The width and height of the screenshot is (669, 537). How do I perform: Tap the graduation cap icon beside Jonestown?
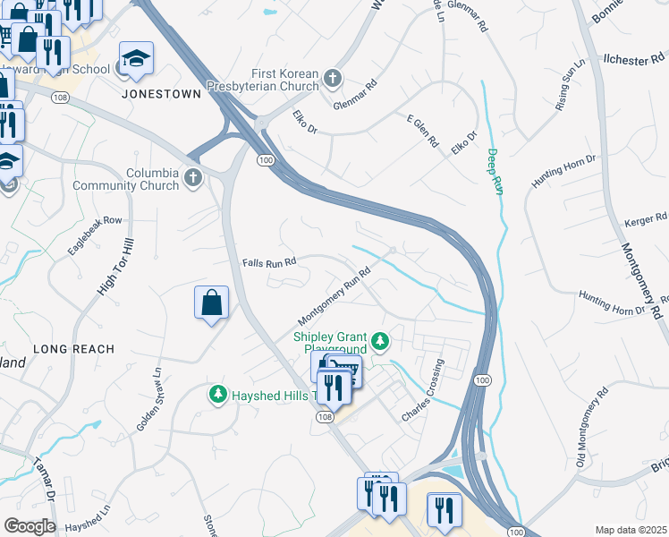(136, 60)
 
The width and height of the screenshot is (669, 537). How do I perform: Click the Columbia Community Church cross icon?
(192, 179)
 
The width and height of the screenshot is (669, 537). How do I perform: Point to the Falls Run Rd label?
(268, 263)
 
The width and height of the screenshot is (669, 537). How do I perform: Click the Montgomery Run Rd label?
(334, 297)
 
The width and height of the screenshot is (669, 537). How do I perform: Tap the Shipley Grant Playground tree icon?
(380, 341)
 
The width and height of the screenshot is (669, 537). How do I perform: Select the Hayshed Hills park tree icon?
(216, 394)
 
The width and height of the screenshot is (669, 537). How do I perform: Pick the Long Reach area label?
(73, 349)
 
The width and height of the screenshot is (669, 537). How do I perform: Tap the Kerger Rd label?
(648, 217)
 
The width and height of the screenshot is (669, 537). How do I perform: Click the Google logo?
(30, 526)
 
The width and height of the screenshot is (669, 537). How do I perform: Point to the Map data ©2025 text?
(631, 530)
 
